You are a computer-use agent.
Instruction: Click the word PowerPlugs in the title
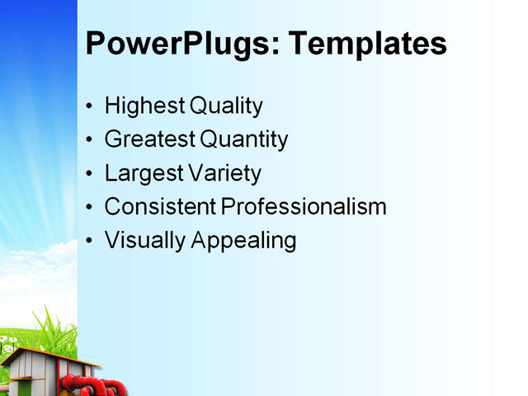(175, 43)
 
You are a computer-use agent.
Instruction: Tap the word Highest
(144, 106)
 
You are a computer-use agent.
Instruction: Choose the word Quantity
(246, 139)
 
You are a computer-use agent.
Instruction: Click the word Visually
(145, 240)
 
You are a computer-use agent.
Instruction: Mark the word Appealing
(243, 240)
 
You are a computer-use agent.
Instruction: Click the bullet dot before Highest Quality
(90, 107)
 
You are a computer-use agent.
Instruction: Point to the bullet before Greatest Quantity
(90, 140)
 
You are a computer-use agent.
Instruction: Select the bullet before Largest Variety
(90, 174)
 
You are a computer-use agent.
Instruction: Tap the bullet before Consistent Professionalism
(90, 207)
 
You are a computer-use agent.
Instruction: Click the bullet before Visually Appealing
(90, 241)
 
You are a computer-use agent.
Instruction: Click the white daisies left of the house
(8, 341)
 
